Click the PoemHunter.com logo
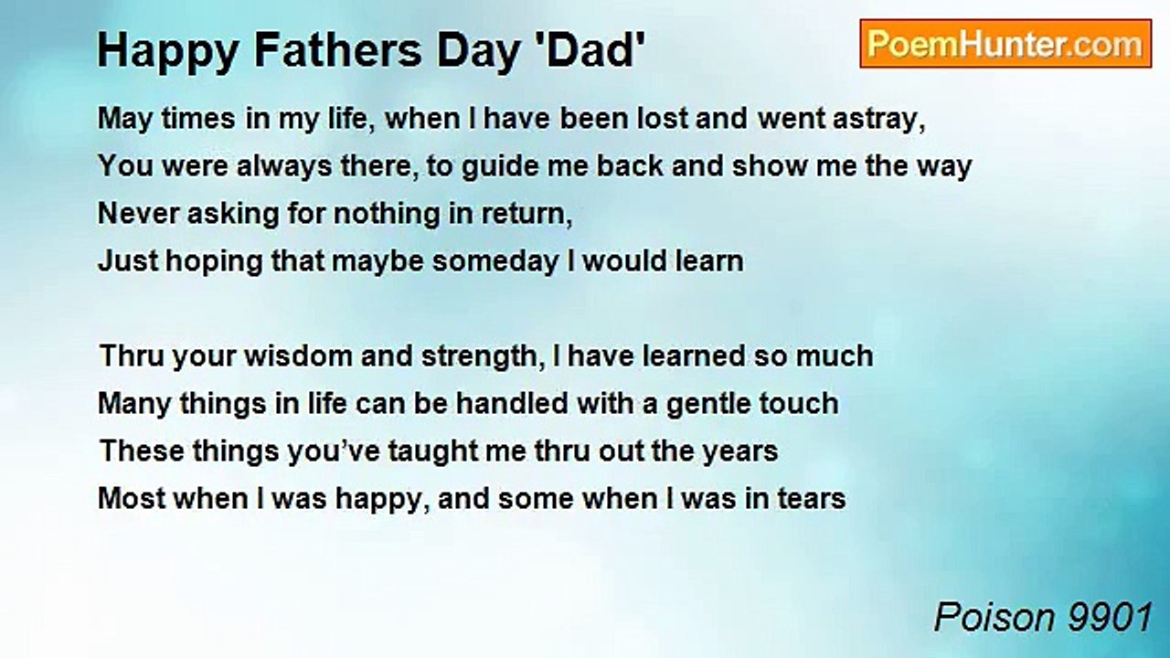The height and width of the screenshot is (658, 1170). click(x=1005, y=44)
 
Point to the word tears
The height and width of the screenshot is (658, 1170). click(x=809, y=499)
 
